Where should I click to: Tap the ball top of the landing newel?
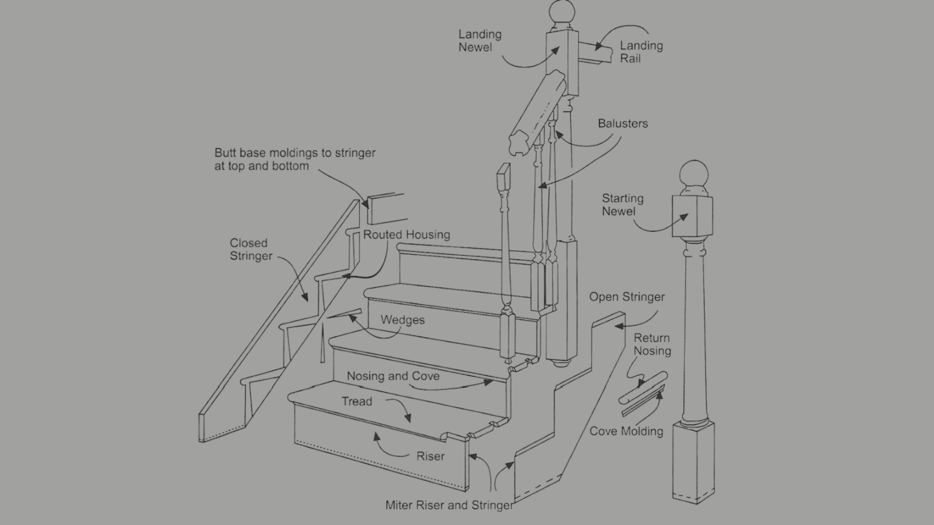pos(562,12)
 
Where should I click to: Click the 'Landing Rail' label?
pos(641,52)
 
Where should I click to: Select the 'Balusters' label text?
pos(623,123)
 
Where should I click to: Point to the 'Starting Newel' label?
pos(622,205)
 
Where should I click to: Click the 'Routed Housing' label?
pos(406,235)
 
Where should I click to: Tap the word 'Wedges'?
pos(402,320)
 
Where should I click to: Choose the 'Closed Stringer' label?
pos(251,249)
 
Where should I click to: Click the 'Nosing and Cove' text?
pos(393,376)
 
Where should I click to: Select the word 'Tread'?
pos(357,402)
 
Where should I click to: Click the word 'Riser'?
pos(431,456)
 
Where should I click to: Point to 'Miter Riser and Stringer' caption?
pos(449,506)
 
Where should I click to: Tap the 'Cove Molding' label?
pos(626,431)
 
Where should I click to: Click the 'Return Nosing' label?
pos(652,344)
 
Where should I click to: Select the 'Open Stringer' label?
pos(627,297)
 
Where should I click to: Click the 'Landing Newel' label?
pos(480,41)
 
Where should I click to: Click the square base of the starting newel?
pos(693,462)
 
